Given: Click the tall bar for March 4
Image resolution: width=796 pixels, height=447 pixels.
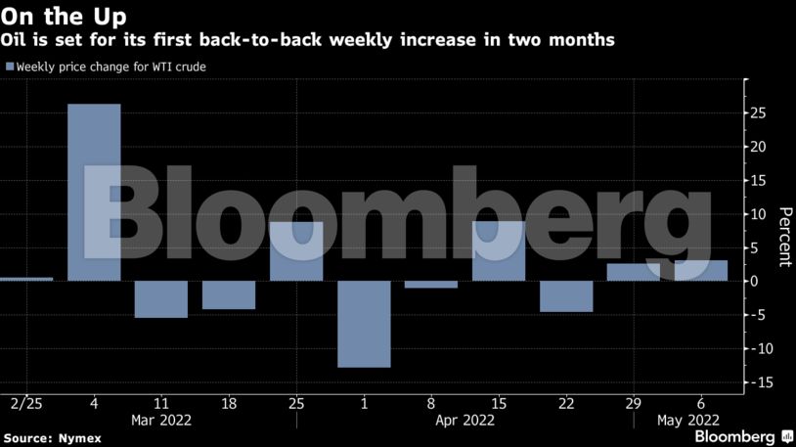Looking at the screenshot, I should point(94,192).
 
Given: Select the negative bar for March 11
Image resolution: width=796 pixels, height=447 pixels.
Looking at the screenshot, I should point(160,298).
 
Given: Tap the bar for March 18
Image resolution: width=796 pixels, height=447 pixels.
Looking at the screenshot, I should point(229,294).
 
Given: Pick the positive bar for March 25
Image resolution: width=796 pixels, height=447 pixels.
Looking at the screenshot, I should point(296,251).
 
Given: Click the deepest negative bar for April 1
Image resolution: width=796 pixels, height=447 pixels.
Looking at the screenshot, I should point(364,324).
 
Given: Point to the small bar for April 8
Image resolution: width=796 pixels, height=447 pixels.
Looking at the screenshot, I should point(431,285).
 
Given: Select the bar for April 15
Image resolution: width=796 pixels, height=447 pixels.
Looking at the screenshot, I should point(499,251).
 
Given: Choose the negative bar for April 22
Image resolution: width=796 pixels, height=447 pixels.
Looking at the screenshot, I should point(566,296).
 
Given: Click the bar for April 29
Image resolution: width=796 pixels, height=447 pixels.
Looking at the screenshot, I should point(634,272).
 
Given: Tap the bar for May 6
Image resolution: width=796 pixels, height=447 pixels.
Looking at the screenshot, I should point(701,270).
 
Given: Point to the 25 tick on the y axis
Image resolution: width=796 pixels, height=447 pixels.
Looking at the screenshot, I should point(758,113).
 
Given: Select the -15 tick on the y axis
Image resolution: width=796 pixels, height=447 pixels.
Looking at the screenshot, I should point(757,382).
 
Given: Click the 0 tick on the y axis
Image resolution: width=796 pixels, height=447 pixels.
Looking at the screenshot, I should point(753,281).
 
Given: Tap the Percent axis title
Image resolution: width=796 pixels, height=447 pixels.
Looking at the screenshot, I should point(783,237).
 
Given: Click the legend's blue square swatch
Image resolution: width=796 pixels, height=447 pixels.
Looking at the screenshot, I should point(10,67).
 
